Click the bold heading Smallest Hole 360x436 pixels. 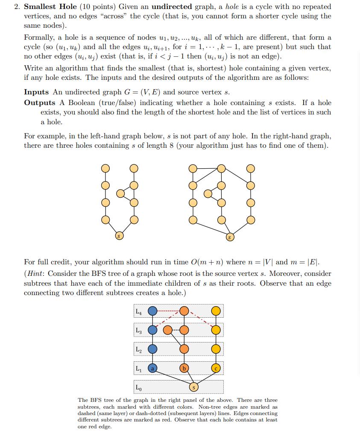click(50, 7)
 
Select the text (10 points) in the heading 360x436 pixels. click(98, 7)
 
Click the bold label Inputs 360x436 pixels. click(36, 92)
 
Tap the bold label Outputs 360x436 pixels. click(40, 102)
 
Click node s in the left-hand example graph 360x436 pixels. click(120, 235)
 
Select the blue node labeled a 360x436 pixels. click(152, 368)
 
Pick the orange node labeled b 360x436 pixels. click(184, 368)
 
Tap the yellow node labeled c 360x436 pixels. click(216, 368)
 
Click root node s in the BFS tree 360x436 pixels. click(194, 387)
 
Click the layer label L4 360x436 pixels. click(139, 311)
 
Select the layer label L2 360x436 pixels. click(139, 349)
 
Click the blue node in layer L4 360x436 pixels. click(152, 311)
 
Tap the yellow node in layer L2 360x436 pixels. click(216, 349)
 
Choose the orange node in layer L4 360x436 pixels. click(184, 311)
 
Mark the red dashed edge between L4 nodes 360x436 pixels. click(168, 311)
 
